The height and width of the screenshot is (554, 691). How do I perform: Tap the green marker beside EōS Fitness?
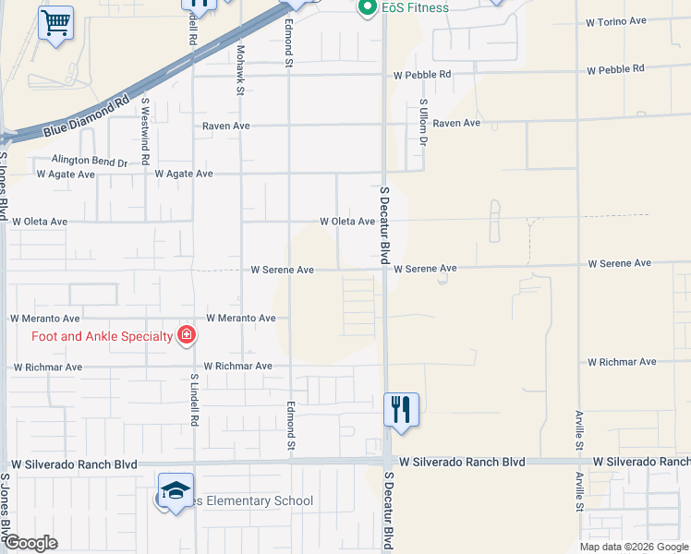point(365,8)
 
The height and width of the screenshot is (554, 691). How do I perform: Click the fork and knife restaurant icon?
point(401,409)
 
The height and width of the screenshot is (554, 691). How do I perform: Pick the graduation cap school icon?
point(175,490)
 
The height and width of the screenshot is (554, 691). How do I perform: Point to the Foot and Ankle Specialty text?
point(103,336)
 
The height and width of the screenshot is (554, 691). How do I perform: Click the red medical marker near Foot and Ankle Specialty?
point(187,335)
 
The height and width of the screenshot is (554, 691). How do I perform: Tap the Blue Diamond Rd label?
point(86,117)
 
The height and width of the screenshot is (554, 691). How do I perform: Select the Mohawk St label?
point(239,70)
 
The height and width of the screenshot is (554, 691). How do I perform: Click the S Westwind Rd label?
point(145,131)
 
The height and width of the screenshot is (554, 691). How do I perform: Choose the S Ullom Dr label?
point(423,122)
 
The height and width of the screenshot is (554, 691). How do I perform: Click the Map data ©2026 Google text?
point(633,547)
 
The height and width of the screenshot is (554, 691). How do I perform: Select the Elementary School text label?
point(251,501)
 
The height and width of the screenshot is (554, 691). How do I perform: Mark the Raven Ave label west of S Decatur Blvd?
point(226,126)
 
